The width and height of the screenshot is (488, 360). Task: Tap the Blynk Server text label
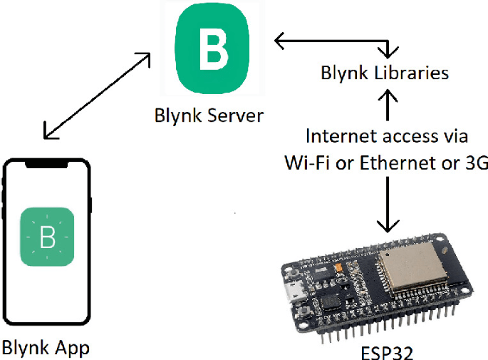click(x=209, y=115)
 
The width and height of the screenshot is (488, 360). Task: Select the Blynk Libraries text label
click(x=385, y=73)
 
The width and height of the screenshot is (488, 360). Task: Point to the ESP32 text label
click(x=385, y=351)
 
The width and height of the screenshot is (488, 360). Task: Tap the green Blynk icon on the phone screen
click(x=47, y=237)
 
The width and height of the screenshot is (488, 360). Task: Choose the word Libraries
click(x=412, y=73)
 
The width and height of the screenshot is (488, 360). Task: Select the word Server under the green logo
click(x=233, y=115)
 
